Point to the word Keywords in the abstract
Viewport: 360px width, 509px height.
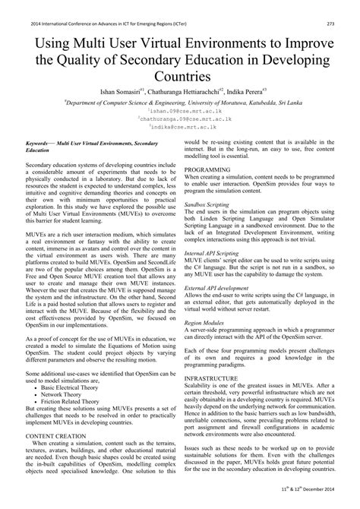[40, 143]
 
